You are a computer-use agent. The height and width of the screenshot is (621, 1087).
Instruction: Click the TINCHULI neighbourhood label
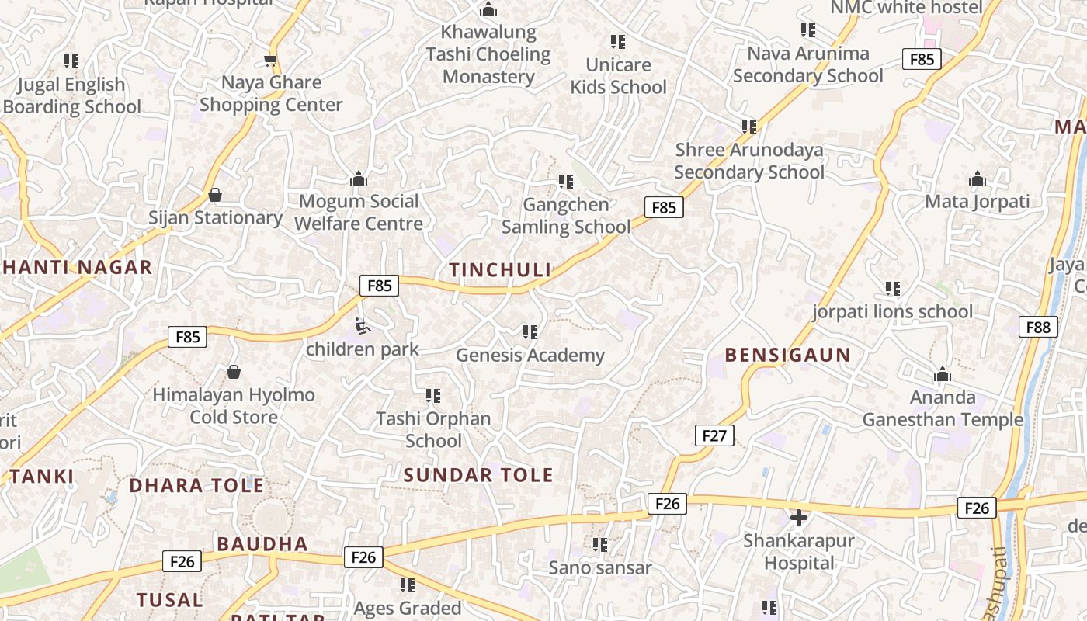point(500,269)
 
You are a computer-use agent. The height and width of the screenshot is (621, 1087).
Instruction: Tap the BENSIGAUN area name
point(787,355)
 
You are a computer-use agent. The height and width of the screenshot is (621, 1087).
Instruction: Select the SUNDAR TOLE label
point(478,475)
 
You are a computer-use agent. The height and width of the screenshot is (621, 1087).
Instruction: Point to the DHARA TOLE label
point(196,486)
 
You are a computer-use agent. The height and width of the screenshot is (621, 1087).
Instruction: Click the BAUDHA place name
point(262,544)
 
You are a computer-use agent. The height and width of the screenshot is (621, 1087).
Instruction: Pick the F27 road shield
point(714,435)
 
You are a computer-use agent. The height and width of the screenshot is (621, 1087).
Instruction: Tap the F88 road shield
point(1038,327)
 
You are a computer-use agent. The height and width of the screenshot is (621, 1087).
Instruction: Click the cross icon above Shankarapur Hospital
point(798,518)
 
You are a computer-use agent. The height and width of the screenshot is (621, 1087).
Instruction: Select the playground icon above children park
point(363,326)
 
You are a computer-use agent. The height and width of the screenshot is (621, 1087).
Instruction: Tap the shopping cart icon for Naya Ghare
point(270,60)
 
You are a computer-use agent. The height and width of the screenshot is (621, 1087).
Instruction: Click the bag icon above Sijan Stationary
point(215,194)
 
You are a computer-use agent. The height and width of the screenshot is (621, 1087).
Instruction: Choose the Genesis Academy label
point(530,356)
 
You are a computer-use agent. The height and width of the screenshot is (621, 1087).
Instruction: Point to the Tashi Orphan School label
point(433,429)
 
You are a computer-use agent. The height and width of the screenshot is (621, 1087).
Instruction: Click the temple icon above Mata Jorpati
point(977,179)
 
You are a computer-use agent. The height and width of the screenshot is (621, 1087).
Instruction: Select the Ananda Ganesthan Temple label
point(943,408)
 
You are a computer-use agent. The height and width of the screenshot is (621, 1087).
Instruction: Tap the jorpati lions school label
point(892,312)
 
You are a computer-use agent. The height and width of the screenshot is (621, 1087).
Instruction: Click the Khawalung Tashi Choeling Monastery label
point(488,54)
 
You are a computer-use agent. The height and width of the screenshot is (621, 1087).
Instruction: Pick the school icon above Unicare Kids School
point(618,41)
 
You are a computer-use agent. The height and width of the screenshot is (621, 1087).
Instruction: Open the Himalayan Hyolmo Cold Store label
point(234,406)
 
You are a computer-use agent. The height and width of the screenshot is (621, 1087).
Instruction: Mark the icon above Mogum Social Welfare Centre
point(359,179)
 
